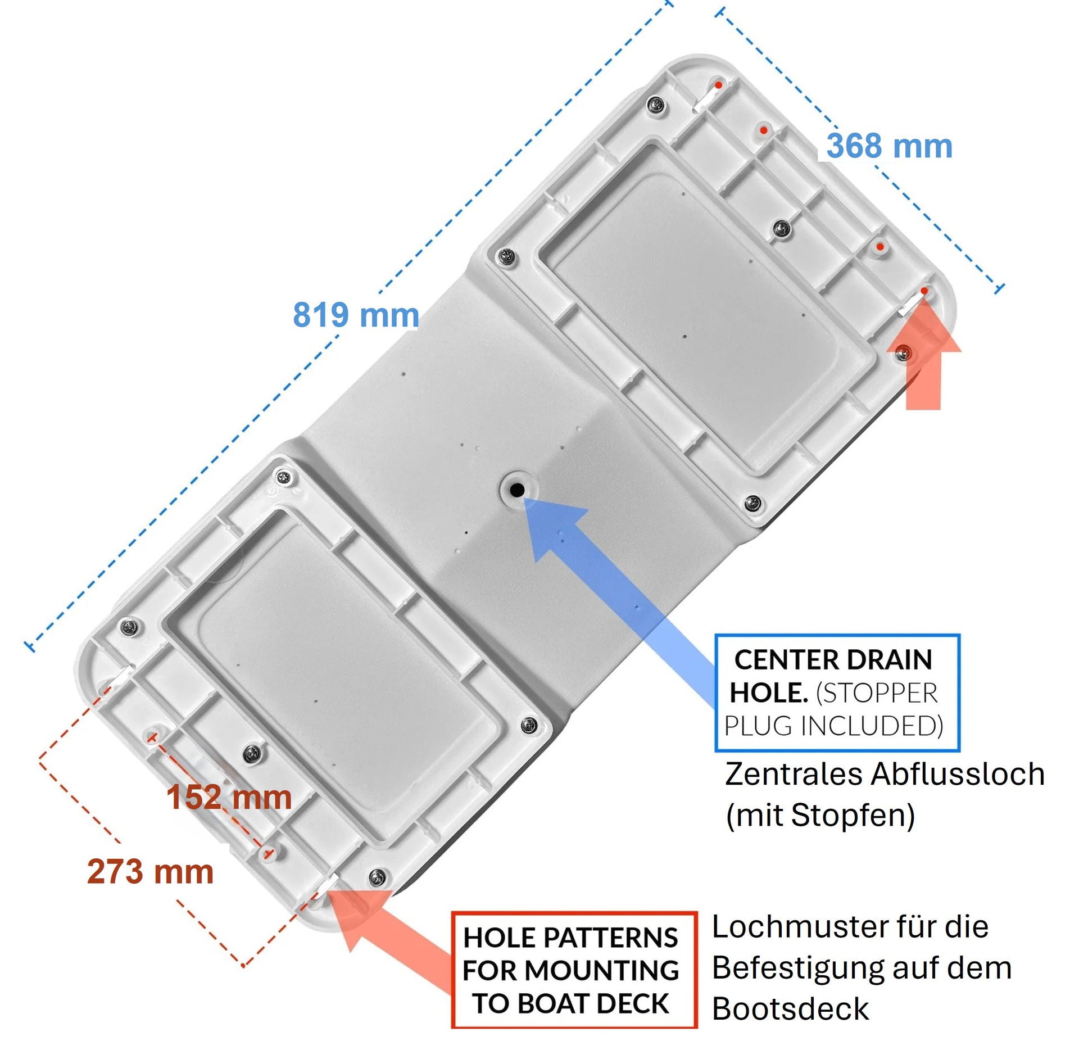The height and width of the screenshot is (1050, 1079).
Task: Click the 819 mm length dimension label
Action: [356, 315]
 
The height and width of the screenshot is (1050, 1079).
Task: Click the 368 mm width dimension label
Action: [890, 146]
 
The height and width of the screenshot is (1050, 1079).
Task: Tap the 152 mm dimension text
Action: [229, 797]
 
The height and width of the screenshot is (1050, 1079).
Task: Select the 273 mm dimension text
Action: [151, 871]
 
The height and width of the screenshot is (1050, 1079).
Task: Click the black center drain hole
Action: [517, 490]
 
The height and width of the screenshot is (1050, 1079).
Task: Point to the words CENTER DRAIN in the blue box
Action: [833, 659]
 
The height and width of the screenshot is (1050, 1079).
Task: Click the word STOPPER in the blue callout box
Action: [877, 693]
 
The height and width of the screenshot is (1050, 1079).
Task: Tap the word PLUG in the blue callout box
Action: [759, 726]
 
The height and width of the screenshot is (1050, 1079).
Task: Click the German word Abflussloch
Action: [958, 774]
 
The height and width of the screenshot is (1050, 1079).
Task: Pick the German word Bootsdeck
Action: [791, 1009]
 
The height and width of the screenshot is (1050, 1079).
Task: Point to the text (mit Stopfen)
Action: [821, 816]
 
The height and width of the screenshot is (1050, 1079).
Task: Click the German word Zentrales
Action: [794, 774]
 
